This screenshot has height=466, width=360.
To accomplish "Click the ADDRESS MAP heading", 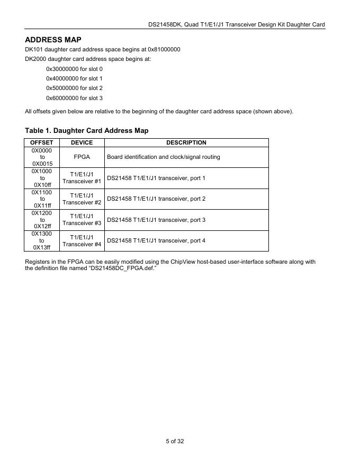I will (53, 40).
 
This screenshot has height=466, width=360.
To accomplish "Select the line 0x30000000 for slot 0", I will (74, 69).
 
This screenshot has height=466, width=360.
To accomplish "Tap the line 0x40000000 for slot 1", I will (74, 78).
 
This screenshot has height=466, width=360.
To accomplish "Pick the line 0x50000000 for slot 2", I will (74, 88).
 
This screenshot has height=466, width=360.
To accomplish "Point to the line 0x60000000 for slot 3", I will (74, 98).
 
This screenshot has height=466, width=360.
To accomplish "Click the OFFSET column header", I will (42, 142).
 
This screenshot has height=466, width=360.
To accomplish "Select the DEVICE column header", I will (82, 142).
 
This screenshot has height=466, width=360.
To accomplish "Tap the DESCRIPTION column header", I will (186, 142).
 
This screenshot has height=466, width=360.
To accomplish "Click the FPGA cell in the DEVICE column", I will (82, 157).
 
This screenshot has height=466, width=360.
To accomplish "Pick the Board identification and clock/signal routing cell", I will (164, 157).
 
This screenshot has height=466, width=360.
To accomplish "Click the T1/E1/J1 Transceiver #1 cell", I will (82, 178).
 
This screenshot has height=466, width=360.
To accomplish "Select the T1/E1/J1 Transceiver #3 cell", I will (82, 220).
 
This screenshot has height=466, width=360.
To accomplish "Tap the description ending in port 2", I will (156, 199).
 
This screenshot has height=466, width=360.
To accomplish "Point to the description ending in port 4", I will (156, 240).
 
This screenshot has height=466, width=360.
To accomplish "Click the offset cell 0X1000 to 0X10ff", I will (42, 178).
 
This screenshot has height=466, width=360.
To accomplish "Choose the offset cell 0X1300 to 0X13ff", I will (42, 240).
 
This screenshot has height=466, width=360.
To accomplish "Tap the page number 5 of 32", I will (175, 441).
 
